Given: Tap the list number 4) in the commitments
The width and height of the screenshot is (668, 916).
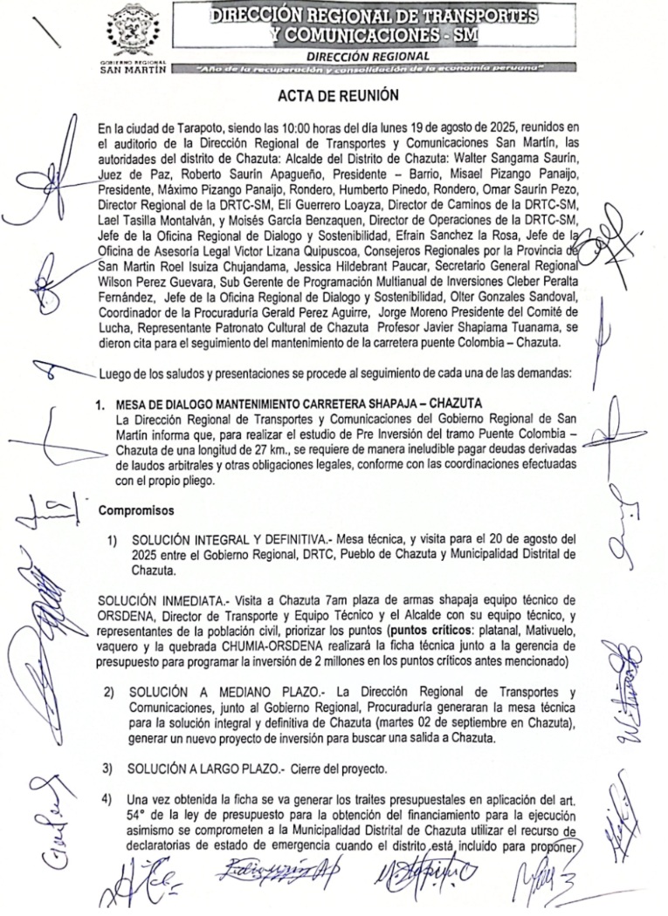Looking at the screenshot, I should (108, 798).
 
